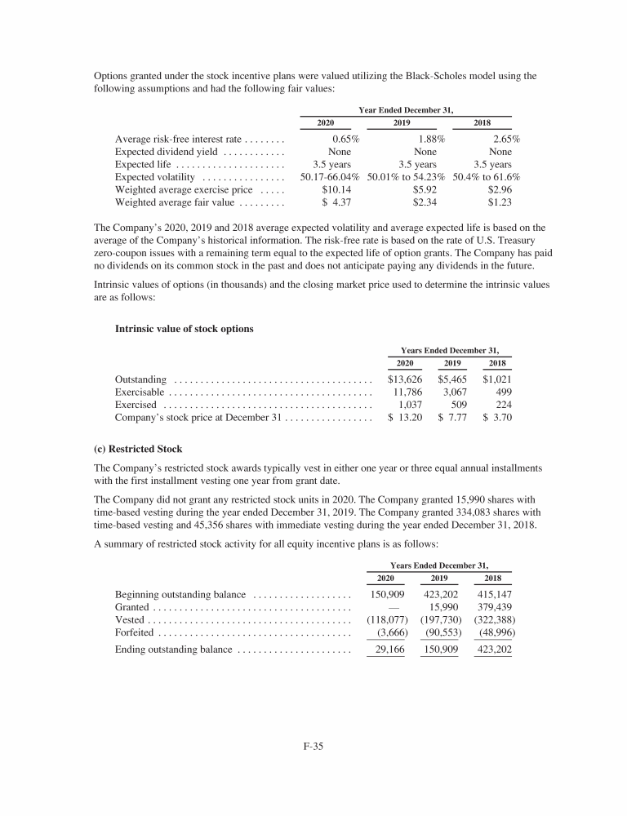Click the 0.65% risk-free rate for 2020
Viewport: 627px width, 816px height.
point(346,139)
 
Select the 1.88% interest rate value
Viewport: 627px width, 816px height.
point(430,139)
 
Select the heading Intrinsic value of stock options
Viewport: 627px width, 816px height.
point(185,329)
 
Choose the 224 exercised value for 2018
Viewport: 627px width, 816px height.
point(502,405)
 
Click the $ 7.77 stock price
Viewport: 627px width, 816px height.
point(451,417)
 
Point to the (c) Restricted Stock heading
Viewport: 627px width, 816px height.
point(138,449)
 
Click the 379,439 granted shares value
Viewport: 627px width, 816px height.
point(493,607)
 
